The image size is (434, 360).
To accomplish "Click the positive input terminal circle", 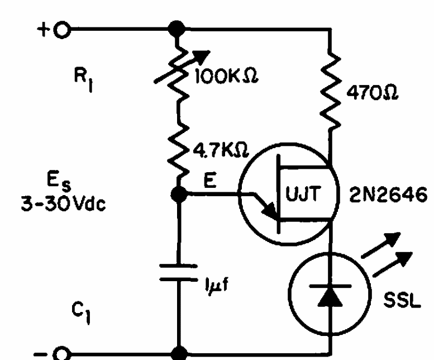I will [x=62, y=28].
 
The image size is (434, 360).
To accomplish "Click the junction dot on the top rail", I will [x=178, y=27].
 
